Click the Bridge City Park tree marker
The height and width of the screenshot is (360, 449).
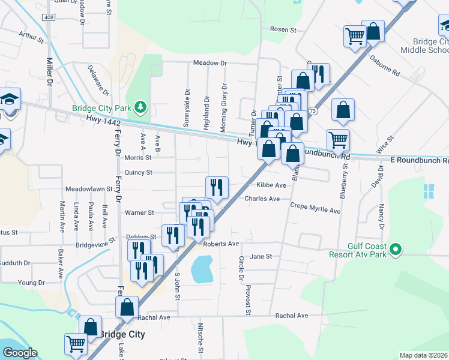point(140,107)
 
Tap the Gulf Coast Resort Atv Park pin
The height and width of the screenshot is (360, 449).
point(396,249)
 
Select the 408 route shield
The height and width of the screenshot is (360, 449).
point(49,18)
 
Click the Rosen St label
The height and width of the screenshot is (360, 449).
point(283,29)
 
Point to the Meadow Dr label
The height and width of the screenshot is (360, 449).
point(210,63)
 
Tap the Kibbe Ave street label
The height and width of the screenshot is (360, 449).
point(271,185)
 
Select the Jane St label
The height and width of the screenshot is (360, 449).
point(261,256)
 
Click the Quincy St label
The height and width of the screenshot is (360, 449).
point(139,172)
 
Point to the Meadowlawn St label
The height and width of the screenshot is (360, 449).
point(89,188)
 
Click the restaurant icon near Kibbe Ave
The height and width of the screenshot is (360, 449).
point(217,188)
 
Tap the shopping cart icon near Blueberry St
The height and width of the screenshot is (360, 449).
point(339,140)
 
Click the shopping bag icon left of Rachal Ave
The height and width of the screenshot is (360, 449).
point(127,307)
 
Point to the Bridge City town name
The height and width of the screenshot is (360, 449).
point(121,334)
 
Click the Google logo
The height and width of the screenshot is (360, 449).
point(20,353)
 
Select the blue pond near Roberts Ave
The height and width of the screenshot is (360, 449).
point(202,268)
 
